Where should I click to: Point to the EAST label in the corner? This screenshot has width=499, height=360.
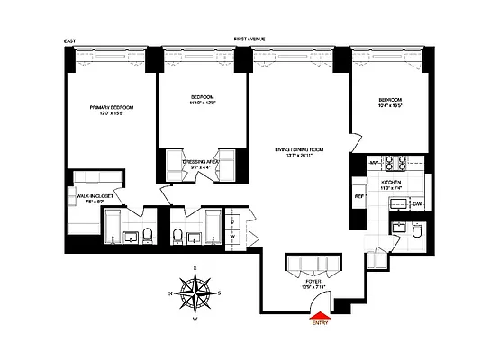(69, 40)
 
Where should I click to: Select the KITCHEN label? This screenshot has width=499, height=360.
(391, 182)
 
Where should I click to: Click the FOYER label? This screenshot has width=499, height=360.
(313, 281)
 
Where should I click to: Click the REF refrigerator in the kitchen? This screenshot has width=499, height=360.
(358, 195)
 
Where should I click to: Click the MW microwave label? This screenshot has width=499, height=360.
(372, 163)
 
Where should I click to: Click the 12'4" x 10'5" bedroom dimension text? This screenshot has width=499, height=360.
(390, 105)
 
